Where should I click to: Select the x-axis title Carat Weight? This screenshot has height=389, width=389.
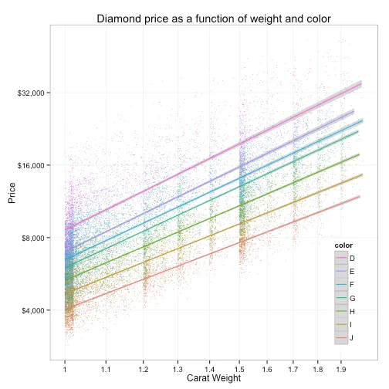click(208, 378)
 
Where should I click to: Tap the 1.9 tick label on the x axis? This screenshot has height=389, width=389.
click(340, 369)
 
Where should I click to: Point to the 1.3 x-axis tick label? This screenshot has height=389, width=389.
click(178, 369)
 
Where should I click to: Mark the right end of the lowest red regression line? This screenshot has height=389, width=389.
click(360, 197)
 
